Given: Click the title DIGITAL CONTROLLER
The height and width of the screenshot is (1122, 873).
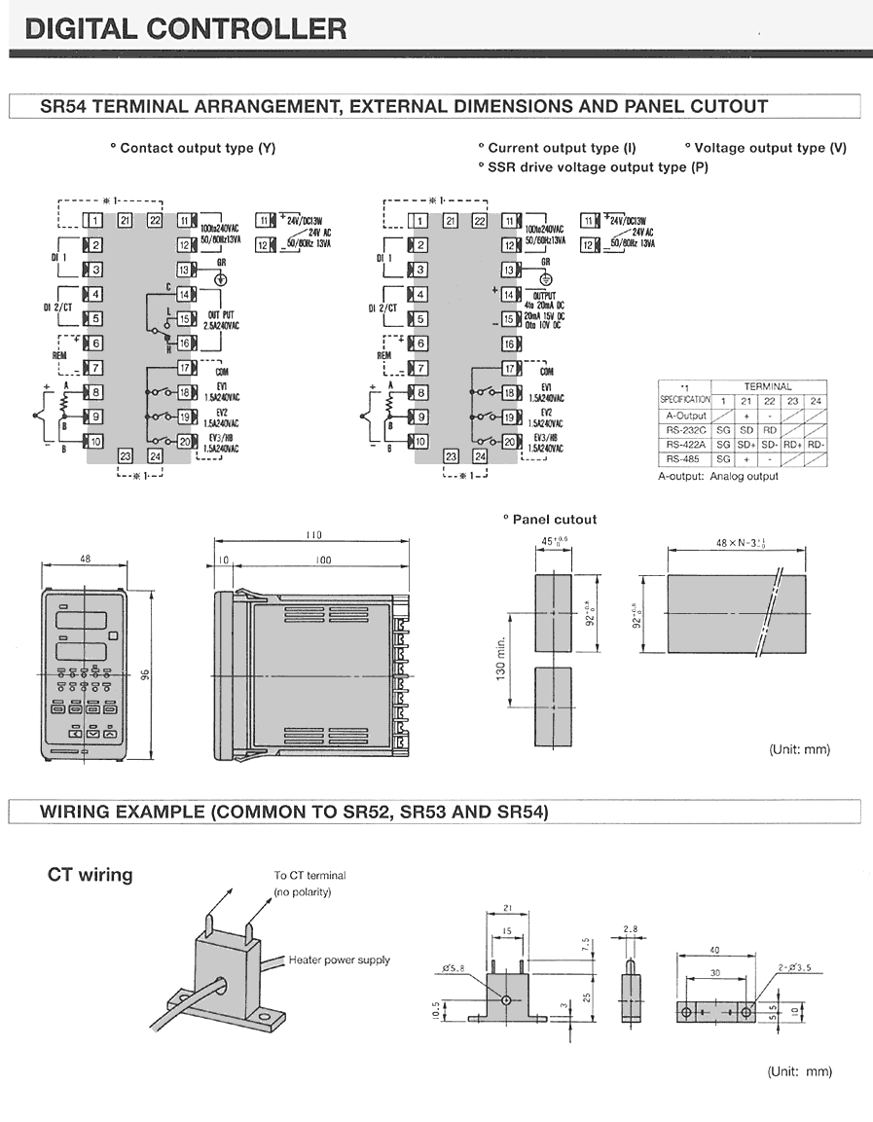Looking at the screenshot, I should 186,28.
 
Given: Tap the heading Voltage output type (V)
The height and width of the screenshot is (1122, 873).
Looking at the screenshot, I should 765,148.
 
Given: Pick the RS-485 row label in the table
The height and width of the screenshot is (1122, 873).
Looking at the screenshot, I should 684,457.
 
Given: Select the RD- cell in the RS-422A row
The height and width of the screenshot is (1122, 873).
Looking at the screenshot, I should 816,444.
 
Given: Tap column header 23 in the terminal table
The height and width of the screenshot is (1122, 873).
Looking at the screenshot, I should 792,401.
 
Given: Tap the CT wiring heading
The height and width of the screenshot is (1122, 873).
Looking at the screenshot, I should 90,875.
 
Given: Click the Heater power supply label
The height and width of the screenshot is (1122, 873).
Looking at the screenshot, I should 339,960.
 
